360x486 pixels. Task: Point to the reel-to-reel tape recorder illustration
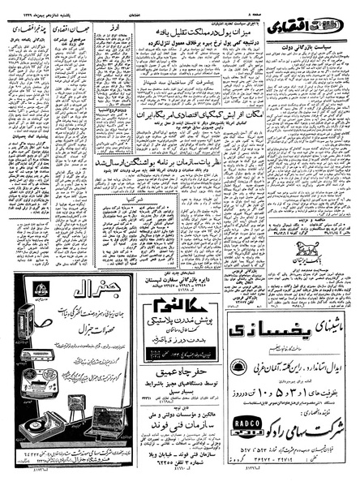point(39,324)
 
